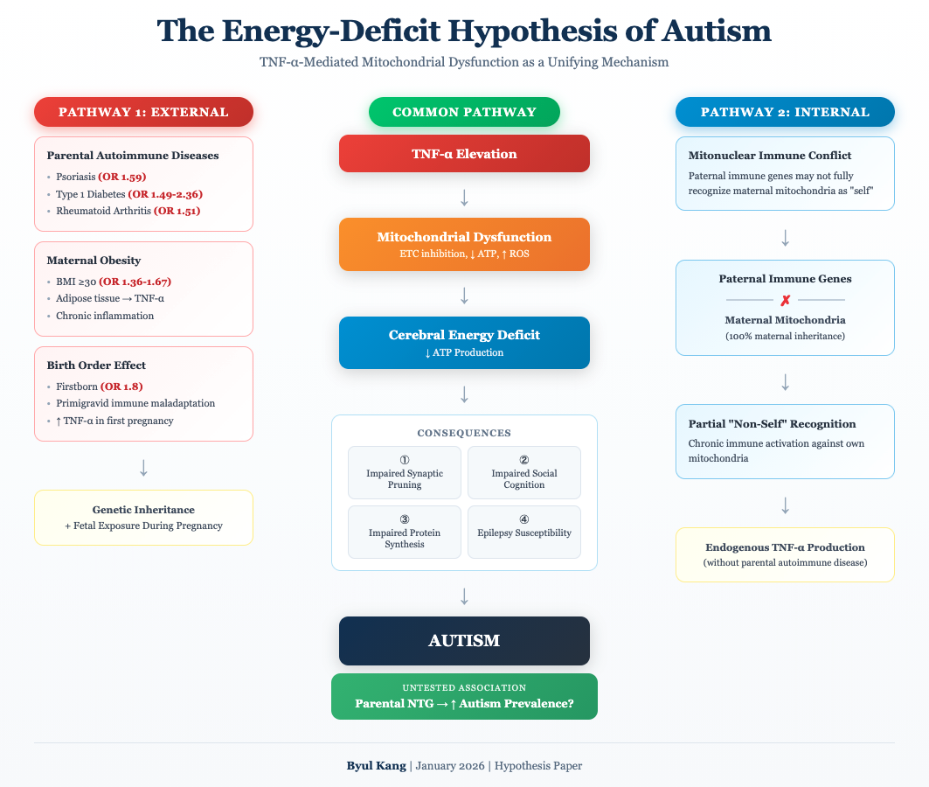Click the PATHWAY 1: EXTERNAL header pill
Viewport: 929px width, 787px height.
pyautogui.click(x=143, y=112)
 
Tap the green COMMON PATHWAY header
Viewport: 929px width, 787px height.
pyautogui.click(x=464, y=112)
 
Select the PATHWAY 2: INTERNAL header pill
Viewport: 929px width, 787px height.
pyautogui.click(x=785, y=112)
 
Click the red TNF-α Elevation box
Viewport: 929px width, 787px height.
pyautogui.click(x=464, y=154)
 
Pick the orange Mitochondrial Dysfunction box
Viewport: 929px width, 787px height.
pyautogui.click(x=464, y=244)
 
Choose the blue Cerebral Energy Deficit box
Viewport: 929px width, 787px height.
pyautogui.click(x=464, y=343)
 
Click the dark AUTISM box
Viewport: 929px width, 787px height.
pyautogui.click(x=464, y=641)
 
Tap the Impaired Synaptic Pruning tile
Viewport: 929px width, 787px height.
pyautogui.click(x=405, y=473)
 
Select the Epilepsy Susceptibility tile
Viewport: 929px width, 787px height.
pyautogui.click(x=523, y=532)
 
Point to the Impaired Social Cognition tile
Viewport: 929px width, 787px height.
pyautogui.click(x=523, y=473)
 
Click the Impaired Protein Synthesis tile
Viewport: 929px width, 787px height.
pyautogui.click(x=405, y=532)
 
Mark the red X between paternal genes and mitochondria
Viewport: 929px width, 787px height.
pyautogui.click(x=785, y=300)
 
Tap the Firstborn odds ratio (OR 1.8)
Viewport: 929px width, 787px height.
pyautogui.click(x=121, y=387)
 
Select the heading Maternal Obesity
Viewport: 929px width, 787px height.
pyautogui.click(x=94, y=261)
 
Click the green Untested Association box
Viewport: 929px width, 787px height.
pyautogui.click(x=464, y=696)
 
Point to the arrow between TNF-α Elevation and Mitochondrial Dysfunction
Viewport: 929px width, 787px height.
pyautogui.click(x=464, y=198)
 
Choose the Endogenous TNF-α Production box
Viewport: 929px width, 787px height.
pyautogui.click(x=785, y=554)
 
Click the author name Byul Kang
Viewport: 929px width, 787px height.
pyautogui.click(x=376, y=766)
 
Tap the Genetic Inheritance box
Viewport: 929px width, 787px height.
pyautogui.click(x=143, y=518)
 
